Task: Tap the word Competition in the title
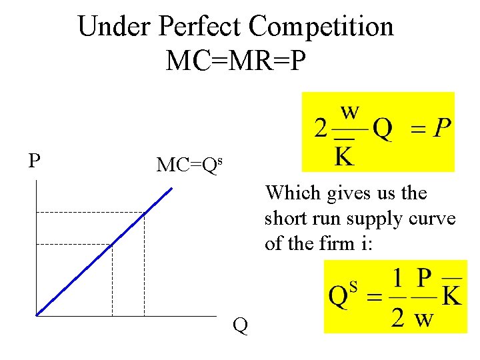(x=321, y=27)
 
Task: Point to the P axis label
(x=34, y=161)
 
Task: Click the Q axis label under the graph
(x=240, y=325)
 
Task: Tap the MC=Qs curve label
(x=189, y=165)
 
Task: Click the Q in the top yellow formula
(x=382, y=129)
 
